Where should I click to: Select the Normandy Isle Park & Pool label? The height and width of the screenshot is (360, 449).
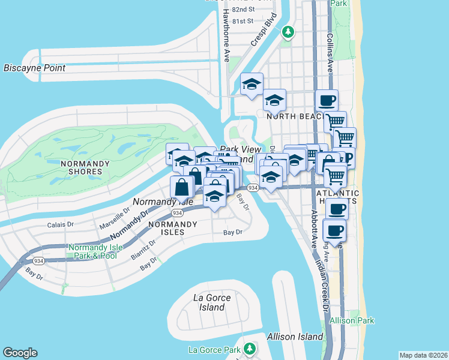tap(92, 251)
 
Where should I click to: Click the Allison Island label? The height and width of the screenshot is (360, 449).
tap(295, 337)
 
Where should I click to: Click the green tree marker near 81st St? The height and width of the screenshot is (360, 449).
tap(289, 31)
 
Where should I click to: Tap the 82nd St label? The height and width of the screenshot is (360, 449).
tap(243, 10)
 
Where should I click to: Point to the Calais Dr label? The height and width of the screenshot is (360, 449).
tap(60, 226)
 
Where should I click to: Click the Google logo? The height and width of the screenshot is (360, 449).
tap(20, 353)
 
